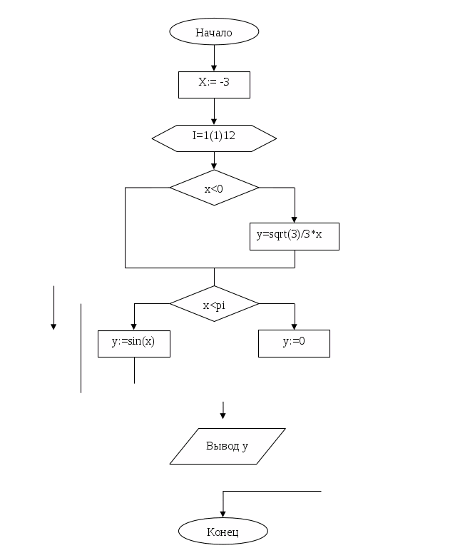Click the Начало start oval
click(x=214, y=32)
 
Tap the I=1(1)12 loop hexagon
click(x=214, y=138)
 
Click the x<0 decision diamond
click(x=214, y=188)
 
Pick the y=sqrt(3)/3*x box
click(x=294, y=236)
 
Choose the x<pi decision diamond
click(x=214, y=305)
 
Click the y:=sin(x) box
click(x=134, y=343)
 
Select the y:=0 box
click(x=294, y=343)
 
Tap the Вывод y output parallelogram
click(x=227, y=447)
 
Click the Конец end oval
click(x=223, y=532)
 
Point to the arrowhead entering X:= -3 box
click(x=214, y=68)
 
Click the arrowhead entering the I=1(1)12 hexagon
click(x=214, y=122)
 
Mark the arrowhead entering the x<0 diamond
click(x=214, y=167)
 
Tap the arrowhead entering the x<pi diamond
click(x=214, y=285)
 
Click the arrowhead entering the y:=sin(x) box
click(x=134, y=326)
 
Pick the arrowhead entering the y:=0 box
click(x=295, y=326)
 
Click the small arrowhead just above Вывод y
click(x=223, y=415)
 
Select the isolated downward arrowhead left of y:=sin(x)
click(x=53, y=327)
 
